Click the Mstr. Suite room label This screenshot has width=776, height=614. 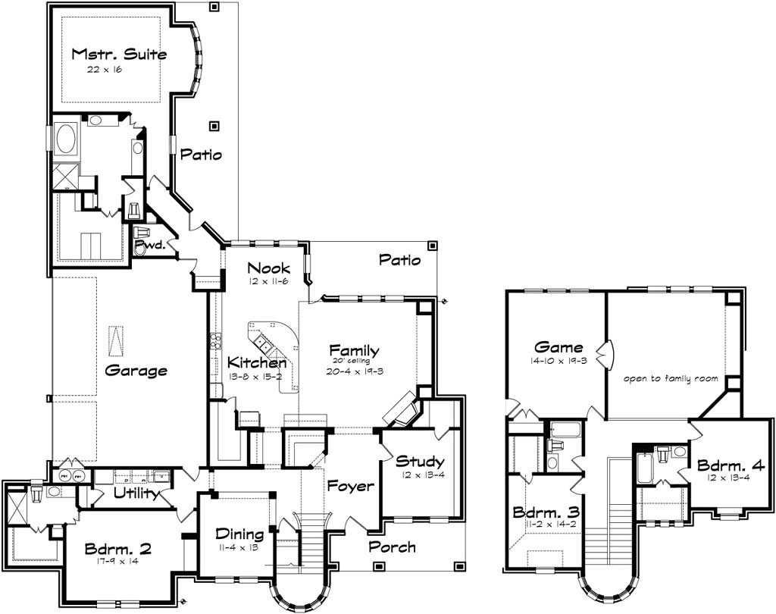[x=119, y=54]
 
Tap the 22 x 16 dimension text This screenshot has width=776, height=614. [x=105, y=69]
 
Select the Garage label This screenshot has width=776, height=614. [x=136, y=371]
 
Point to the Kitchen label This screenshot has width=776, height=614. [x=257, y=363]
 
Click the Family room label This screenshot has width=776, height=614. [x=354, y=350]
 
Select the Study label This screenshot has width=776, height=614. [x=419, y=461]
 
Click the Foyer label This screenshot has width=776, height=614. [x=349, y=486]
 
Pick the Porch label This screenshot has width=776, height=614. [x=392, y=547]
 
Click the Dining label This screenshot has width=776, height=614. [x=239, y=534]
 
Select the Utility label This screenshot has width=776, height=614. [x=136, y=494]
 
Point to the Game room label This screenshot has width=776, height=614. [x=559, y=349]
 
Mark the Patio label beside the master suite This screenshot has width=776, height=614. [x=201, y=155]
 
